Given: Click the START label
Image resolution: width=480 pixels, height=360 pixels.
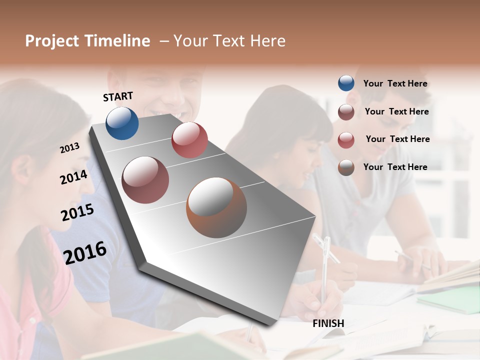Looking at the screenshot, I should click(118, 96).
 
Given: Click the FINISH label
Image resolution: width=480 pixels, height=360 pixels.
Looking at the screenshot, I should click(328, 323).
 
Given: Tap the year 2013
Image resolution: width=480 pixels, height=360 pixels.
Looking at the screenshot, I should click(70, 148).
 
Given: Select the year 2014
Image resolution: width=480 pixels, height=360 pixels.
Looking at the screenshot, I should click(74, 177).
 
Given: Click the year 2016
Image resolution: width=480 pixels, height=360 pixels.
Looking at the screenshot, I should click(85, 253).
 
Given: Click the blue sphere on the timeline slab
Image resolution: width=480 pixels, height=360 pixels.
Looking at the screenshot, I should click(122, 123).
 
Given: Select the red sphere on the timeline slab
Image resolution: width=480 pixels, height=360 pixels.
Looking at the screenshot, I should click(189, 140).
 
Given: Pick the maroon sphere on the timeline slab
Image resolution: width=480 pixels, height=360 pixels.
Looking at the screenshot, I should click(145, 180).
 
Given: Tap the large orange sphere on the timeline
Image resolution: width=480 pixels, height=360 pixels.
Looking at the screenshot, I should click(216, 207).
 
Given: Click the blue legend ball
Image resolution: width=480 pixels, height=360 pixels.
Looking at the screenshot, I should click(346, 83).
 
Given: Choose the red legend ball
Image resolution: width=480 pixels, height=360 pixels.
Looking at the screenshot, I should click(346, 140).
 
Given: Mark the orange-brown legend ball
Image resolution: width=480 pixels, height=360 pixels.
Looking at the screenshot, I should click(346, 167).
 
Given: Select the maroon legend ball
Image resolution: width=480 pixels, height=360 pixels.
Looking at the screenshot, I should click(346, 112).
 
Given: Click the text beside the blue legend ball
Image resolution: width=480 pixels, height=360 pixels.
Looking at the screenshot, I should click(395, 83).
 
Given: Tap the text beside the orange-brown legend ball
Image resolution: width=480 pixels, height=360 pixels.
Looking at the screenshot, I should click(395, 167).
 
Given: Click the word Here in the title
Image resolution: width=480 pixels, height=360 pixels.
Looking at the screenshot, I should click(267, 41).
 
